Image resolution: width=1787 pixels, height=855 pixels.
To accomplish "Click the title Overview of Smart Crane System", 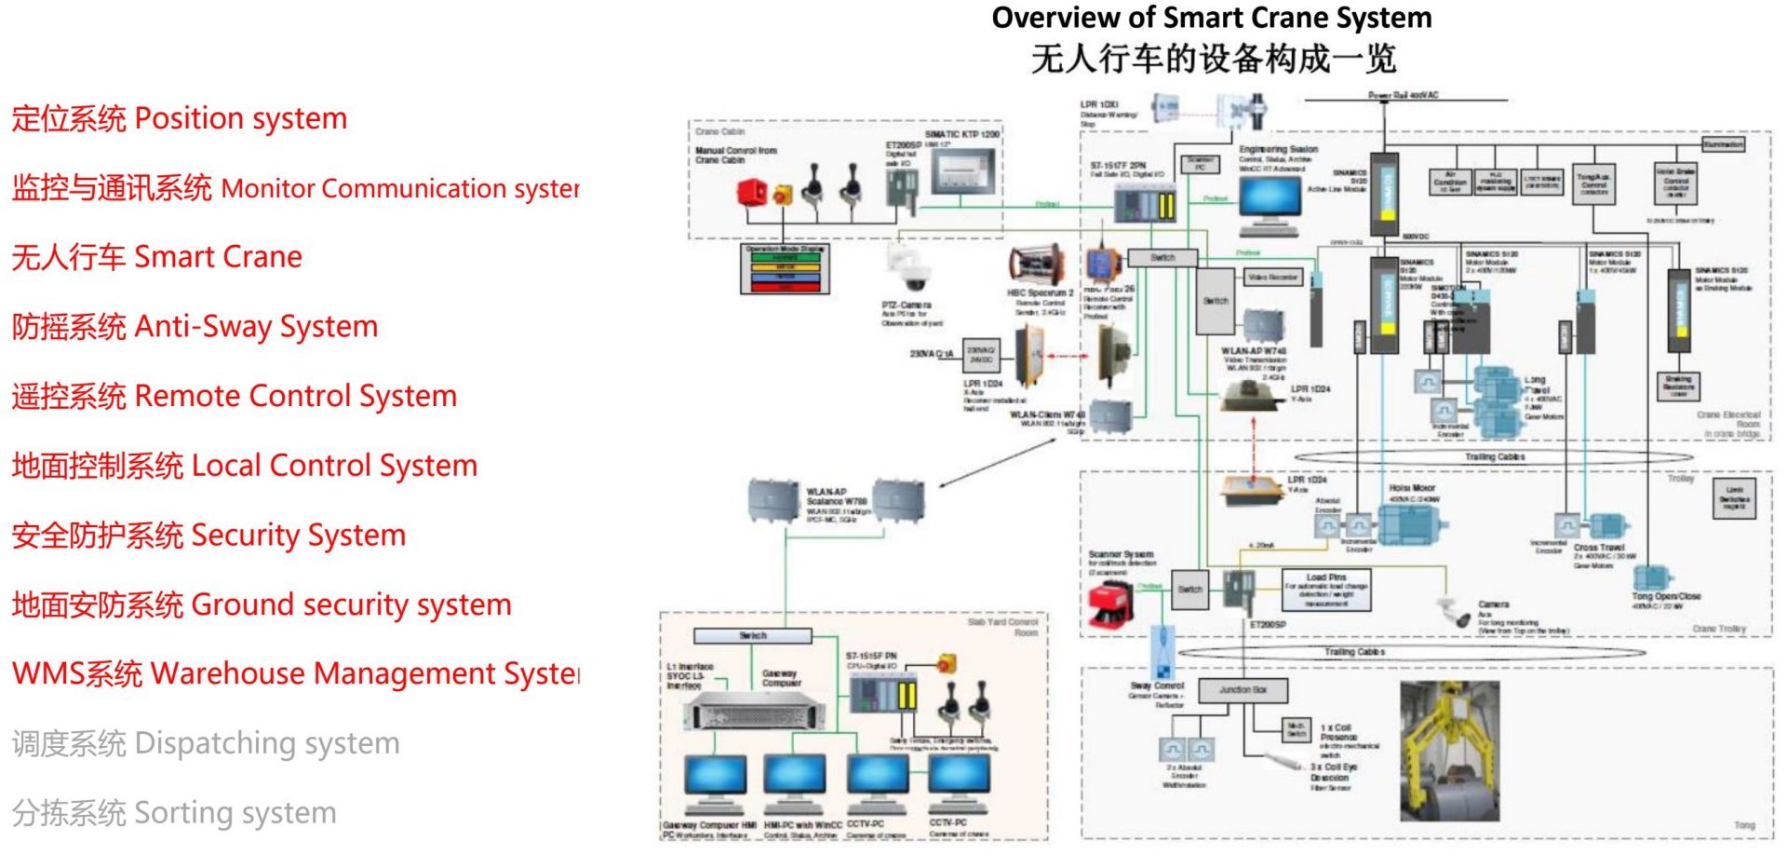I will pyautogui.click(x=1211, y=19).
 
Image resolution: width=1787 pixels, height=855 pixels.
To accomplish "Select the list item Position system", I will pyautogui.click(x=179, y=119).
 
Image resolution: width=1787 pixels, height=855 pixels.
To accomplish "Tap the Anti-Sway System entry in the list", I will pyautogui.click(x=195, y=327).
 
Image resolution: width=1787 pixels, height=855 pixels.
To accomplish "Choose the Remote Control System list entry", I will pyautogui.click(x=234, y=397).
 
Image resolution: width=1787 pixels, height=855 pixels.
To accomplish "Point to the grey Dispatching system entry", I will pyautogui.click(x=206, y=743).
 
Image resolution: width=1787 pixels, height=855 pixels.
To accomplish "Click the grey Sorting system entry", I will pyautogui.click(x=174, y=813).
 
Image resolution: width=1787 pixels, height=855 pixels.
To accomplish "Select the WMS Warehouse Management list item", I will pyautogui.click(x=295, y=673).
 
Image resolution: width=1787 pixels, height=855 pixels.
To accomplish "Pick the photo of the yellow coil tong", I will pyautogui.click(x=1449, y=751).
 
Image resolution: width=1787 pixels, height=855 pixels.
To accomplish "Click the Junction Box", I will pyautogui.click(x=1243, y=690).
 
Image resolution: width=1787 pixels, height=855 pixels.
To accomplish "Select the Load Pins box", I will pyautogui.click(x=1325, y=590).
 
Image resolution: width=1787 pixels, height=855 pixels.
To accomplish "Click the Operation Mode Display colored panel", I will pyautogui.click(x=785, y=269).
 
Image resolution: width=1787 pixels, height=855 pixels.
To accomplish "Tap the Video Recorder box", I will pyautogui.click(x=1272, y=278).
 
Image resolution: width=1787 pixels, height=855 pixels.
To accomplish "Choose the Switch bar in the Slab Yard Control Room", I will pyautogui.click(x=753, y=636).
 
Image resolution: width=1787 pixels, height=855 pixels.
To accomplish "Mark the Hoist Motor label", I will pyautogui.click(x=1412, y=488).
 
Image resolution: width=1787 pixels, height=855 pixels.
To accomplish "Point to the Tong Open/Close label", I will pyautogui.click(x=1665, y=596).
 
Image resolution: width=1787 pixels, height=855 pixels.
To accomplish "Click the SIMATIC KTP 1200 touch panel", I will pyautogui.click(x=964, y=172).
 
